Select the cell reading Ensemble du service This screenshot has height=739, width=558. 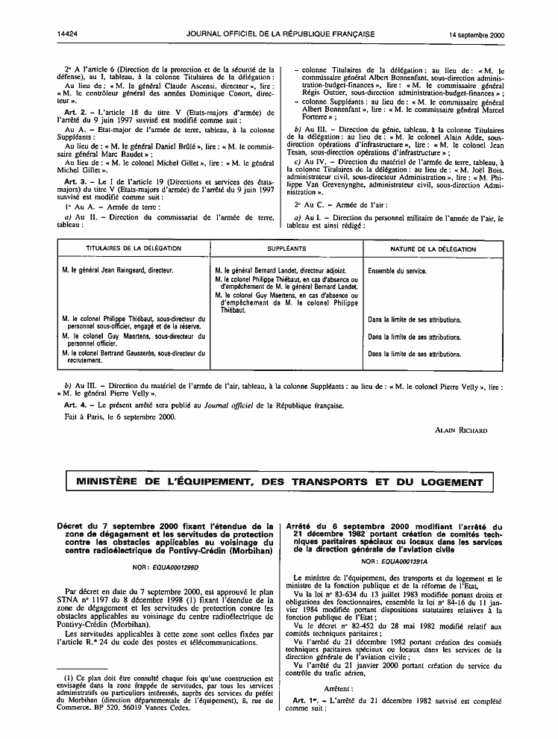[x=398, y=271]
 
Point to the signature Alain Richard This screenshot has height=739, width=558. [x=461, y=431]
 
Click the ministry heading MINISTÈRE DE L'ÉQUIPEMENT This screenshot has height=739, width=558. [x=279, y=482]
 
